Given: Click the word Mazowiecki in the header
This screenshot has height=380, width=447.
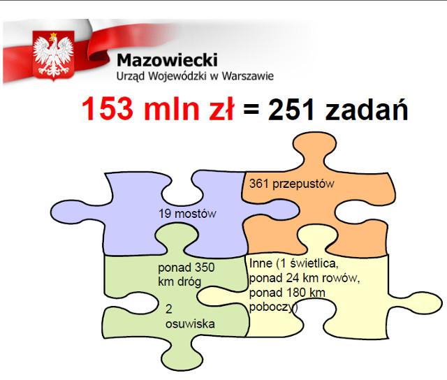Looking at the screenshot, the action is click(167, 60).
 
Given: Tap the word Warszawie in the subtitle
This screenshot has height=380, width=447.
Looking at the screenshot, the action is click(248, 76).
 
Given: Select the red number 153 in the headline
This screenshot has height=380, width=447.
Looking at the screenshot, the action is click(108, 108).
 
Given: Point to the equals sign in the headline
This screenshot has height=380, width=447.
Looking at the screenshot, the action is click(251, 108).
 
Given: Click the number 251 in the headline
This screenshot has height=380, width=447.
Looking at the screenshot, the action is click(291, 109).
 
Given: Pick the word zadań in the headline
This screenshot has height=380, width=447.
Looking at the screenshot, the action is click(367, 109).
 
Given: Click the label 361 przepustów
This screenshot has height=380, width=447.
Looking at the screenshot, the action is click(292, 184).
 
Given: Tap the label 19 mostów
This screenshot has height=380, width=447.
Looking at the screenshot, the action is click(187, 214).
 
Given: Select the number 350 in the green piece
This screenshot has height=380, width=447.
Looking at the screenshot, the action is click(205, 268).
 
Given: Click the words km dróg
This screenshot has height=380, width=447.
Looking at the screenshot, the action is click(179, 282).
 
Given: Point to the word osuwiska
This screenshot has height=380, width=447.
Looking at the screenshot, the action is click(190, 324).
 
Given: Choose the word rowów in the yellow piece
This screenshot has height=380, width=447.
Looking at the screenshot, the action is click(342, 278).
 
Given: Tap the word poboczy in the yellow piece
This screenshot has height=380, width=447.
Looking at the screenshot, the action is click(272, 307).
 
